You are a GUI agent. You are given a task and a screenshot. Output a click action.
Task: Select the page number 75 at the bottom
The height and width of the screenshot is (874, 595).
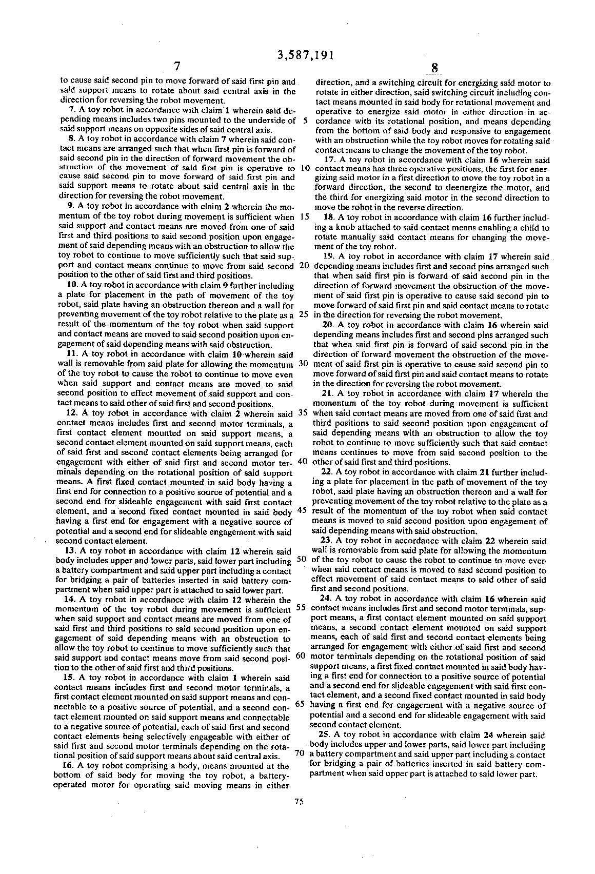pos(300,803)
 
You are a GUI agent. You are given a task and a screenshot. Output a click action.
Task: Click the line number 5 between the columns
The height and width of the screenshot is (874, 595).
pos(305,121)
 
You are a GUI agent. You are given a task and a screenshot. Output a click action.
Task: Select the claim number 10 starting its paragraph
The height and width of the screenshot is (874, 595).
pos(72,285)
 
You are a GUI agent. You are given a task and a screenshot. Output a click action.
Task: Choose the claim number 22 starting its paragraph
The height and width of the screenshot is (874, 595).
pos(326,472)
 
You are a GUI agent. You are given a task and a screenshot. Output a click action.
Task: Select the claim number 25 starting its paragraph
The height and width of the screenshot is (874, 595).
pos(327,735)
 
